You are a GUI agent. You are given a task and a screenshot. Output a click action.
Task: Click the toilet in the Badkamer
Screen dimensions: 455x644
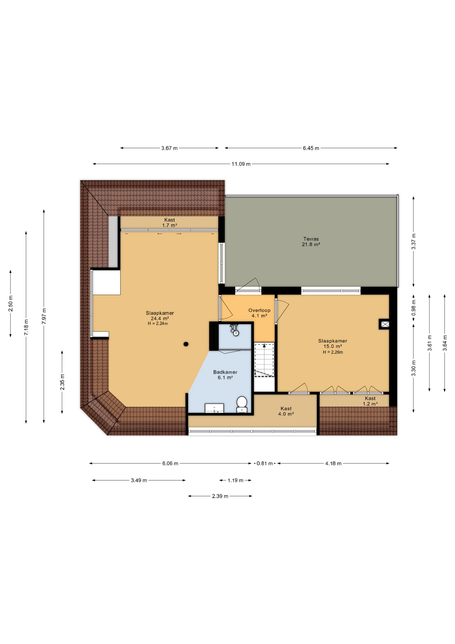pos(242,404)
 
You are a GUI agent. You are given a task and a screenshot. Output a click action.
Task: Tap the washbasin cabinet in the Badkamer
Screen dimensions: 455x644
pos(214,408)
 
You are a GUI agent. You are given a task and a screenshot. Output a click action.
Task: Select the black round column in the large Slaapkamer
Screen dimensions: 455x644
pos(186,344)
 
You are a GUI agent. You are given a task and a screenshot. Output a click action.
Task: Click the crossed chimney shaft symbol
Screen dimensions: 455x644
pos(385,324)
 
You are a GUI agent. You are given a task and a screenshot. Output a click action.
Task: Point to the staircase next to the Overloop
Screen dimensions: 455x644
pos(264,360)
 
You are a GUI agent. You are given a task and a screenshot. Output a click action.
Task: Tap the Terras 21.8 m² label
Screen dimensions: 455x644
pos(311,242)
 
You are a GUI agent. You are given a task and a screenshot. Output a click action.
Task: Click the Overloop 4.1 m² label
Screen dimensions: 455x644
pos(259,313)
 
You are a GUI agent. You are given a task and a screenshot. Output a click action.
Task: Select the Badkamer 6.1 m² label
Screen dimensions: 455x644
pos(225,375)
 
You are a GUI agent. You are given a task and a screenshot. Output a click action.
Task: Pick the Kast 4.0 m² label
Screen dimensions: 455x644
pos(286,411)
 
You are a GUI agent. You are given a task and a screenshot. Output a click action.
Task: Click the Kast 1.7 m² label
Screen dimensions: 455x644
pos(170,223)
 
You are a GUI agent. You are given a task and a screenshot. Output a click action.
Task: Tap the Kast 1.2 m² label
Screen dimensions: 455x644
pos(370,401)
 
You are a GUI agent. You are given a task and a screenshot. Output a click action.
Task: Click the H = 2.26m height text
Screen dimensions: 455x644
pos(333,352)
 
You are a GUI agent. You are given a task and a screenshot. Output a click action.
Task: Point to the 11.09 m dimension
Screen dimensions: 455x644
pos(241,164)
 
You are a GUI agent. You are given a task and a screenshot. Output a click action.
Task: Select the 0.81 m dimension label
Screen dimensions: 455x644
pos(265,464)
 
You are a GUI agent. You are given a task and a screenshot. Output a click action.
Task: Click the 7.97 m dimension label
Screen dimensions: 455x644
pos(44,316)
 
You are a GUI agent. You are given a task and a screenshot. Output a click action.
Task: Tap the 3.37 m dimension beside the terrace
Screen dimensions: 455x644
pos(413,241)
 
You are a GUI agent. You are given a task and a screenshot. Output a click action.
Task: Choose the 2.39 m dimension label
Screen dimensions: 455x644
pos(220,496)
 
